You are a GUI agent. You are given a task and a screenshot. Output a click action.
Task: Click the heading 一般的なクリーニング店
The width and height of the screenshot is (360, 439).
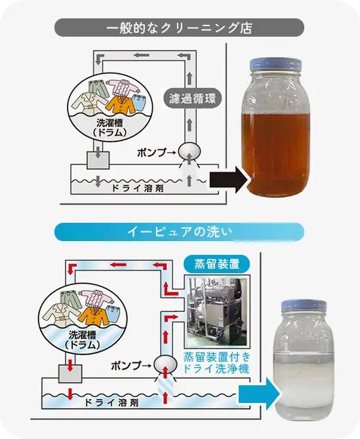pyautogui.click(x=179, y=28)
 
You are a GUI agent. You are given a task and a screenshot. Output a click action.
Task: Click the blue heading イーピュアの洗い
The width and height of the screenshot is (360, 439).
pyautogui.click(x=179, y=232)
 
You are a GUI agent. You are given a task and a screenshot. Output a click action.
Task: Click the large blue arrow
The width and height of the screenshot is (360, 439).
pyautogui.click(x=256, y=395)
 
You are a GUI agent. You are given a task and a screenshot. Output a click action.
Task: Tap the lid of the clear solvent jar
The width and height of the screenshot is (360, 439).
pyautogui.click(x=303, y=307)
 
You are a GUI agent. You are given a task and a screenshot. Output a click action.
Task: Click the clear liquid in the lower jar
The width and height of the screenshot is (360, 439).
pyautogui.click(x=303, y=387)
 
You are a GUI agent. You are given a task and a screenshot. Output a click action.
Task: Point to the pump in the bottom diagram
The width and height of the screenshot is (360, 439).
pyautogui.click(x=166, y=364)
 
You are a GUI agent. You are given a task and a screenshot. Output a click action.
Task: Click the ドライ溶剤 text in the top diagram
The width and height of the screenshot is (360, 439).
pyautogui.click(x=129, y=189)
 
